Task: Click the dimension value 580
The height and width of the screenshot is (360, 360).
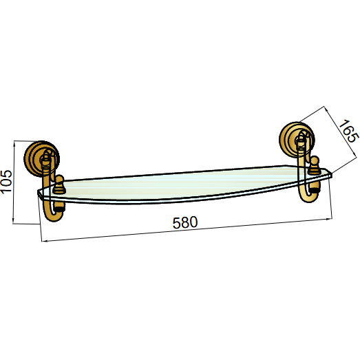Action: pos(185,222)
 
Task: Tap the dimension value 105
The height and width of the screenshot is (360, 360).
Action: pos(6,182)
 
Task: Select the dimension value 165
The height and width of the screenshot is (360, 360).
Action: pos(348,131)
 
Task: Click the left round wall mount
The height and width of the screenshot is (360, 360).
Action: pos(41,158)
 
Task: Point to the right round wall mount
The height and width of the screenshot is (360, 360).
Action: pos(297,139)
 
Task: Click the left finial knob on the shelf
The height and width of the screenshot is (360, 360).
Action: pos(59,184)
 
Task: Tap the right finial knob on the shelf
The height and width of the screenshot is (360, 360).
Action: pos(314,165)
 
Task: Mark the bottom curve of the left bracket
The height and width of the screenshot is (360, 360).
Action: pos(53,216)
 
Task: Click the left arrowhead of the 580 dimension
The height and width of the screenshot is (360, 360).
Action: pos(43,241)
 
